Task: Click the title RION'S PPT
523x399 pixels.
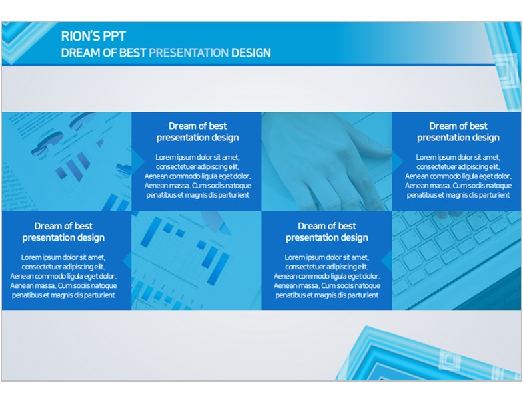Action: pyautogui.click(x=93, y=36)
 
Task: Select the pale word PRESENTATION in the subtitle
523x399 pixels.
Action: pyautogui.click(x=189, y=53)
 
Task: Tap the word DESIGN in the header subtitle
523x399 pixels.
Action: pyautogui.click(x=251, y=53)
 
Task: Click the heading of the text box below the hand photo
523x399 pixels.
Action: pyautogui.click(x=327, y=232)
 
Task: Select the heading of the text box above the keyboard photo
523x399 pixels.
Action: pyautogui.click(x=458, y=132)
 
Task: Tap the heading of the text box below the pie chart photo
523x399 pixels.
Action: pyautogui.click(x=63, y=232)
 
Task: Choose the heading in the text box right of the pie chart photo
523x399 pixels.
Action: pyautogui.click(x=197, y=132)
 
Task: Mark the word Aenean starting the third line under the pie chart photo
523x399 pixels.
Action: pyautogui.click(x=21, y=276)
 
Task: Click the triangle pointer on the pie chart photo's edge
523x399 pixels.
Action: pyautogui.click(x=138, y=161)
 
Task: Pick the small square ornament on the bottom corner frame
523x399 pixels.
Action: pyautogui.click(x=450, y=360)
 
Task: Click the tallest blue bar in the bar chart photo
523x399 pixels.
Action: pyautogui.click(x=151, y=232)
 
